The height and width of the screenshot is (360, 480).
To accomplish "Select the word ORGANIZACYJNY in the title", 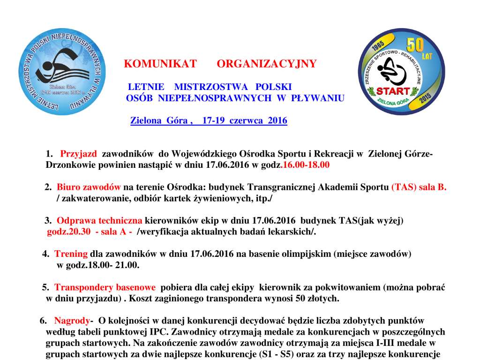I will coord(267,64).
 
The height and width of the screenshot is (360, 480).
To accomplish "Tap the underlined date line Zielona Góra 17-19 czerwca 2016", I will coord(209,120).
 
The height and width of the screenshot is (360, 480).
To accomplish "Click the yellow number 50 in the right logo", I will coord(415,45).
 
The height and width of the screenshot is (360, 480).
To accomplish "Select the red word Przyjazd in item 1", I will coord(79,154).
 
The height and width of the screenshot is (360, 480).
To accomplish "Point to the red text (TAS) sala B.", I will coord(419,187).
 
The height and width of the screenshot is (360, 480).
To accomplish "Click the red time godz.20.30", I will coord(68,232).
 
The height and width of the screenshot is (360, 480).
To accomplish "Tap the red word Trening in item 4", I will coord(71,254).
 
